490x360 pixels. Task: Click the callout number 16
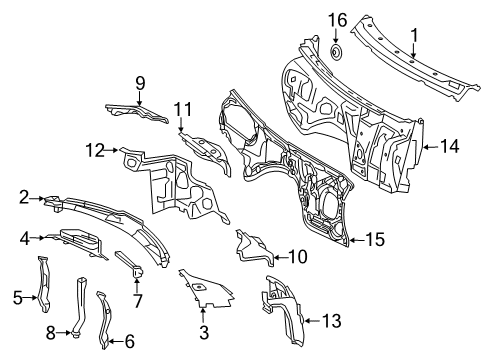click(x=338, y=20)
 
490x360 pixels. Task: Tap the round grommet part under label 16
click(x=337, y=53)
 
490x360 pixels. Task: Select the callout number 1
click(x=414, y=35)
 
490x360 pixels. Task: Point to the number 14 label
click(x=449, y=146)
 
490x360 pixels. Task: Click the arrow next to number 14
click(x=431, y=146)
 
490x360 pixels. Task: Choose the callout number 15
click(x=375, y=239)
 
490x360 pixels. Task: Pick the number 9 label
click(x=140, y=83)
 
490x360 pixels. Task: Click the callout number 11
click(x=183, y=110)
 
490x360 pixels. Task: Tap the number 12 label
click(x=95, y=150)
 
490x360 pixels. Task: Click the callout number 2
click(x=24, y=197)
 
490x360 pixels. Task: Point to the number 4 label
click(x=24, y=239)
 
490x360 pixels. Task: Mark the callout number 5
click(x=18, y=298)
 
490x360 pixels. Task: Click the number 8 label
click(x=51, y=333)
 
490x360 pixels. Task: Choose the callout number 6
click(x=129, y=341)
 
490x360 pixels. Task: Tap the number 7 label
click(x=137, y=300)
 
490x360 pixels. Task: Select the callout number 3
click(x=204, y=332)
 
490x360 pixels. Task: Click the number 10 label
click(x=297, y=257)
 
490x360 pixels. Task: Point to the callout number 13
click(x=331, y=321)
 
